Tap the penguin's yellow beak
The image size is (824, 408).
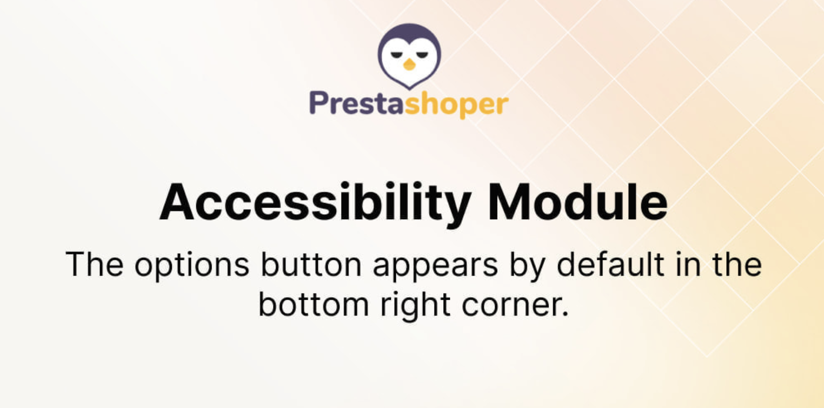coord(409,65)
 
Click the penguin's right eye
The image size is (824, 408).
coord(422,55)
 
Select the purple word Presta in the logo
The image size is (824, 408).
coord(357,103)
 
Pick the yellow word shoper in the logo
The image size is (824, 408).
coord(456,105)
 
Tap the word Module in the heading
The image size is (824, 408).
coord(578,202)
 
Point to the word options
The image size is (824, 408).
coord(192,265)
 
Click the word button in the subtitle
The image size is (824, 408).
coord(311,264)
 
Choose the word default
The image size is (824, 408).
coord(610,263)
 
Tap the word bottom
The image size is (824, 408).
coord(314,305)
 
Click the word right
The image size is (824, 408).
coord(416,306)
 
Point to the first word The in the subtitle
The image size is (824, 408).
coord(95,264)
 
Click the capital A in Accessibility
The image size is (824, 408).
coord(177,202)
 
